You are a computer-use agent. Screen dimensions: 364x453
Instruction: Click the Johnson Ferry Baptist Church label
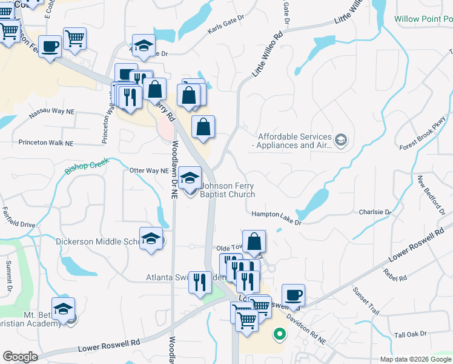click(227, 190)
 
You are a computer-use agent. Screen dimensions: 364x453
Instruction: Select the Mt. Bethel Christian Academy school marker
click(64, 310)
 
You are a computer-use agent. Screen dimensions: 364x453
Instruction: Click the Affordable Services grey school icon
click(341, 141)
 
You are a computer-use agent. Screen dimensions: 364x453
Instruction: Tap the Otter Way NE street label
click(148, 171)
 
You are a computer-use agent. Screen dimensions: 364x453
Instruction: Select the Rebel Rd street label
click(394, 277)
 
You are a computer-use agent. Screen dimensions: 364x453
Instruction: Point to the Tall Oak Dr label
click(411, 334)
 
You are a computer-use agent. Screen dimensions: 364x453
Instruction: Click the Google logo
click(21, 357)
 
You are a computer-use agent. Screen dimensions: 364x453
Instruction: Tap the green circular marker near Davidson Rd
click(279, 332)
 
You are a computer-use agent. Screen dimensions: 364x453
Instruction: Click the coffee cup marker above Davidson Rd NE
click(293, 295)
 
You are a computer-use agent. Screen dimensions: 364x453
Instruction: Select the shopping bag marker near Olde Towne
click(254, 241)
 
